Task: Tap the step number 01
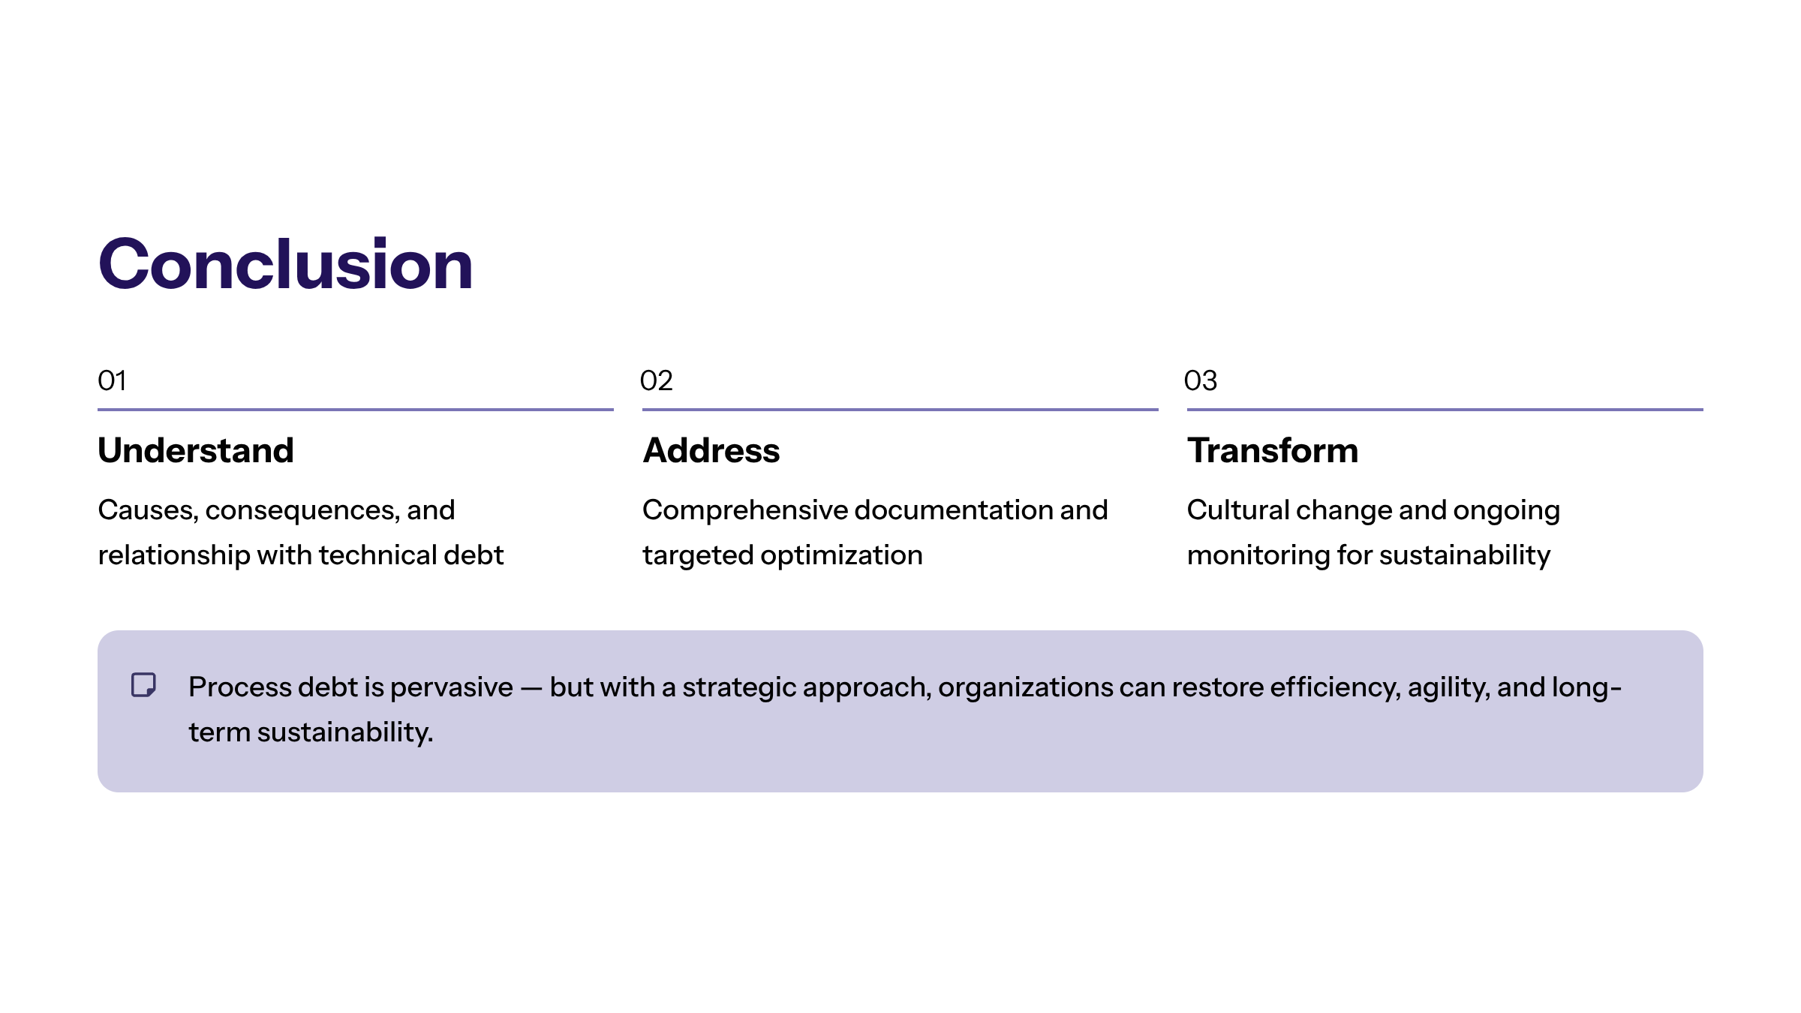pos(112,380)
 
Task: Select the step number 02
pos(656,380)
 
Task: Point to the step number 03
pos(1200,380)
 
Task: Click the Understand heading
pos(196,450)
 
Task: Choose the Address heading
pos(711,450)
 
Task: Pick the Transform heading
pos(1273,450)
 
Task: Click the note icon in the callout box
pos(143,684)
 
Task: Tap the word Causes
pos(148,510)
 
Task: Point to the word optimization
pos(841,556)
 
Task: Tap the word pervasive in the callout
pos(452,688)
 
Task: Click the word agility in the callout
pos(1448,688)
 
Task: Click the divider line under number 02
pos(900,410)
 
